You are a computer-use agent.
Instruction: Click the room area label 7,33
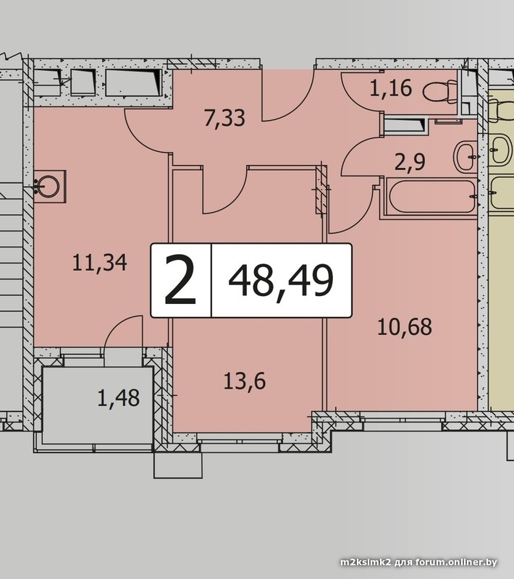pos(224,119)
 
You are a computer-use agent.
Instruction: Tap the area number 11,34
pos(100,263)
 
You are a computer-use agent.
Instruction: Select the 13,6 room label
pos(245,381)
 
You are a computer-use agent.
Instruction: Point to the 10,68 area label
pos(405,327)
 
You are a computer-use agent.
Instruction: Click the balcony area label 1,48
pos(119,398)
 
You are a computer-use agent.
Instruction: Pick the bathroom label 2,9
pos(410,162)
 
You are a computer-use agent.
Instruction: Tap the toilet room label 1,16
pos(391,88)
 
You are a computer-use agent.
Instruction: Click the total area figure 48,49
pos(281,281)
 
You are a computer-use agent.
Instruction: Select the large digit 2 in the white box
pos(180,280)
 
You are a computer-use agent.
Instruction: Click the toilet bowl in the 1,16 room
pos(440,90)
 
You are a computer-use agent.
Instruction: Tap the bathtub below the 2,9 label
pos(431,196)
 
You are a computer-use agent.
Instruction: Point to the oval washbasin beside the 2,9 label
pos(465,157)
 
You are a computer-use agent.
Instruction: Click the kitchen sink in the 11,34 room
pos(48,186)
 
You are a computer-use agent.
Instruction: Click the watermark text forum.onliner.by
pos(456,562)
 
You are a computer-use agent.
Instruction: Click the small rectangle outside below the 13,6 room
pos(178,465)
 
